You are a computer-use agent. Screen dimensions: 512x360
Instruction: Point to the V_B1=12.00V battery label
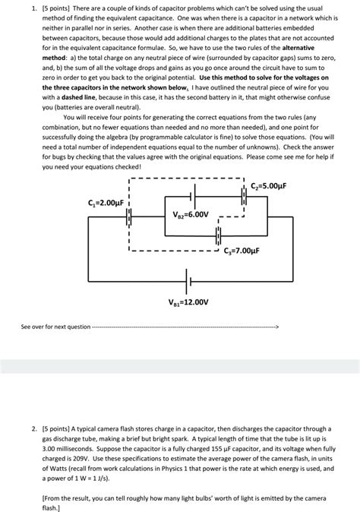pyautogui.click(x=188, y=301)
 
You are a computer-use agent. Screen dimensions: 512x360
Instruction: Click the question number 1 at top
pyautogui.click(x=25, y=5)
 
